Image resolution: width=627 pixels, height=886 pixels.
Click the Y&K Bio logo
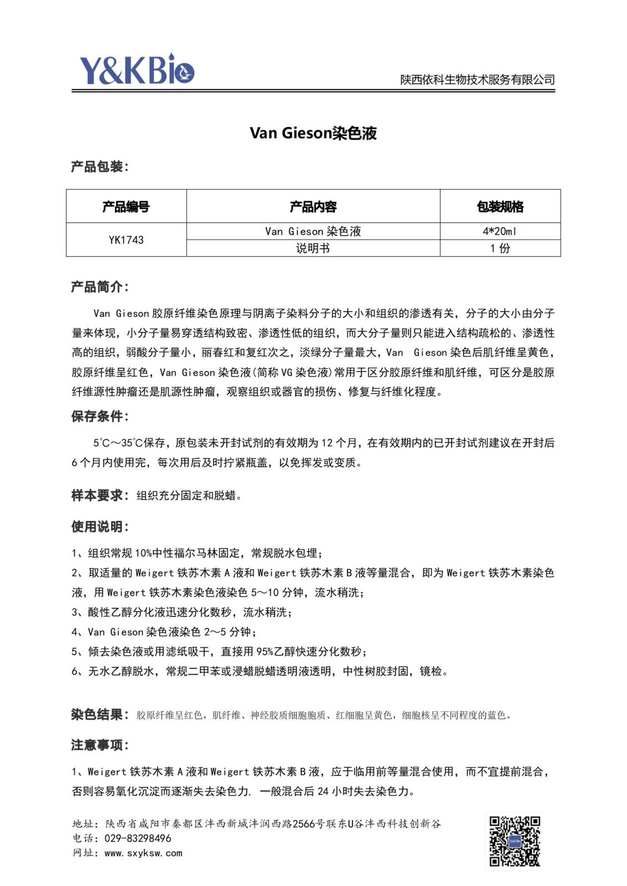136,70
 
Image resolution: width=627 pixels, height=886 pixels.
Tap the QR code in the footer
514,841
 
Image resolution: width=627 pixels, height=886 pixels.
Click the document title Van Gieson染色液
313,133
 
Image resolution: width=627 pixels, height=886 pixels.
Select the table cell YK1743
126,240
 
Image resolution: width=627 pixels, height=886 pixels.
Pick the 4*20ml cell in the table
499,231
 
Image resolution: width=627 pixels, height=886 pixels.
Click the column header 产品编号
126,207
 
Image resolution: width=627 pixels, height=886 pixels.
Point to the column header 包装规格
499,207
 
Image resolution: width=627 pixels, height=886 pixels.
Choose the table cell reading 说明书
313,248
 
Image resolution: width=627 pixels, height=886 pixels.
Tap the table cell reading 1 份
499,248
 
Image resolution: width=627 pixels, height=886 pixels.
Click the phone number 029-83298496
138,838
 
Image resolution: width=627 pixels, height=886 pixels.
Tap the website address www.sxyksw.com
143,853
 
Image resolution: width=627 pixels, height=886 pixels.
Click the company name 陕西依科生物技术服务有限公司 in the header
477,80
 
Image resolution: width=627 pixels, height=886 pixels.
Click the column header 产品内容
313,207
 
